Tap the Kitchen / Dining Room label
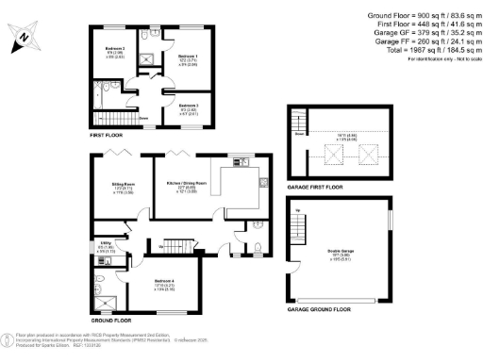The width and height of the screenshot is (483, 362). coord(187,182)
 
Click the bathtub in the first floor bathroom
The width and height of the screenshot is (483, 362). coord(100,97)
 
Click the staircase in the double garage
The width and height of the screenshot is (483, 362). coord(300,226)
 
